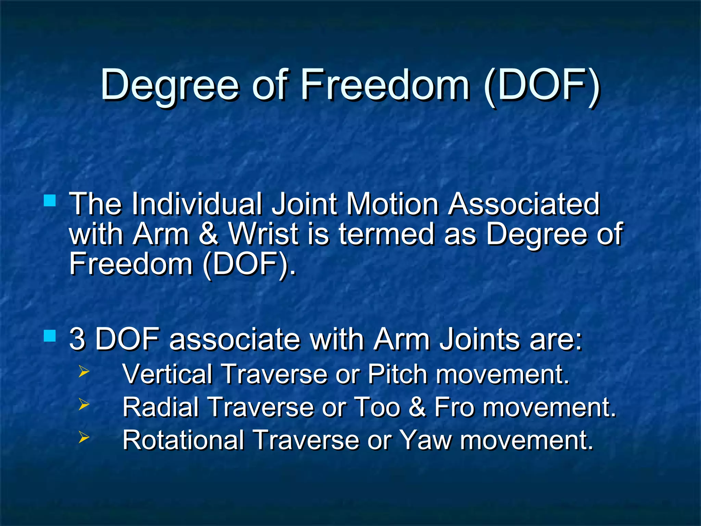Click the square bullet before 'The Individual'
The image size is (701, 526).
tap(50, 201)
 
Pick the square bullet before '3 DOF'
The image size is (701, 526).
tap(50, 336)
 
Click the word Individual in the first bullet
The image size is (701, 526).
tap(197, 204)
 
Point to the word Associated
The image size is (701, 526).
tap(524, 204)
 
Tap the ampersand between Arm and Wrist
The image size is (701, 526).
tap(208, 234)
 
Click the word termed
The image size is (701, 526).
tap(386, 234)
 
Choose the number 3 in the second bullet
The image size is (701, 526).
tap(77, 339)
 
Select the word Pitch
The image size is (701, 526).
tap(397, 374)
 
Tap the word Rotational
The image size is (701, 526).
tap(183, 440)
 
